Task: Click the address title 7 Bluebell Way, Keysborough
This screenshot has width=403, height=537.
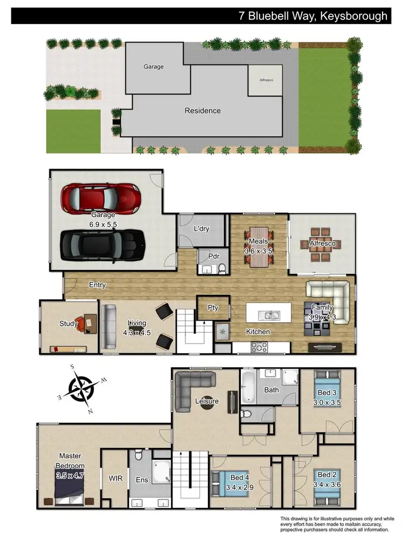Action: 313,16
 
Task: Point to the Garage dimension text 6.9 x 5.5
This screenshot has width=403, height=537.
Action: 103,224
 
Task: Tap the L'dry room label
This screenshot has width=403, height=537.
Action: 201,229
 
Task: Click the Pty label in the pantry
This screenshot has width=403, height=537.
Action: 213,308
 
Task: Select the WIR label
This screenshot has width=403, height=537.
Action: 116,477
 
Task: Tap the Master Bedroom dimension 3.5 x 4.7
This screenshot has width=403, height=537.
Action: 70,475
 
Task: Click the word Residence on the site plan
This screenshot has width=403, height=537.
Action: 203,111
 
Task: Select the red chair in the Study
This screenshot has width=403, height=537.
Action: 80,323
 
